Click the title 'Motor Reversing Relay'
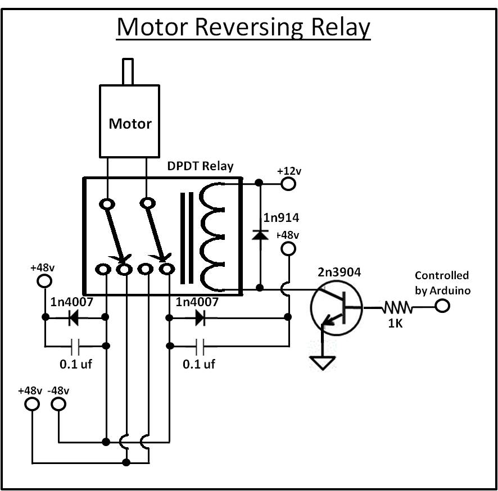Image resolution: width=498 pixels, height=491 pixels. pos(243,27)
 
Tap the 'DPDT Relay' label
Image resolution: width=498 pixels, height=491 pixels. pos(200,167)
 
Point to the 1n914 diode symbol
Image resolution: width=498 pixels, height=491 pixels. pos(259,233)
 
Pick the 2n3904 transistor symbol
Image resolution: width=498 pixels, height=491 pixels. pos(336,308)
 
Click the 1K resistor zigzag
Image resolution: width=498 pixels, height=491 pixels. pos(398,307)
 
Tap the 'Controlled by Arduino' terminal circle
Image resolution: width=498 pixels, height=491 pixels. pos(442,307)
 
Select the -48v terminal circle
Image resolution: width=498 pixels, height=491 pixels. pos(58,404)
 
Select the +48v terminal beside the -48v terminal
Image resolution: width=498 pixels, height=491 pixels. pos(33,404)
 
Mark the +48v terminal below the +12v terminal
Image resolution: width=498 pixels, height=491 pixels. pos(288,249)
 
